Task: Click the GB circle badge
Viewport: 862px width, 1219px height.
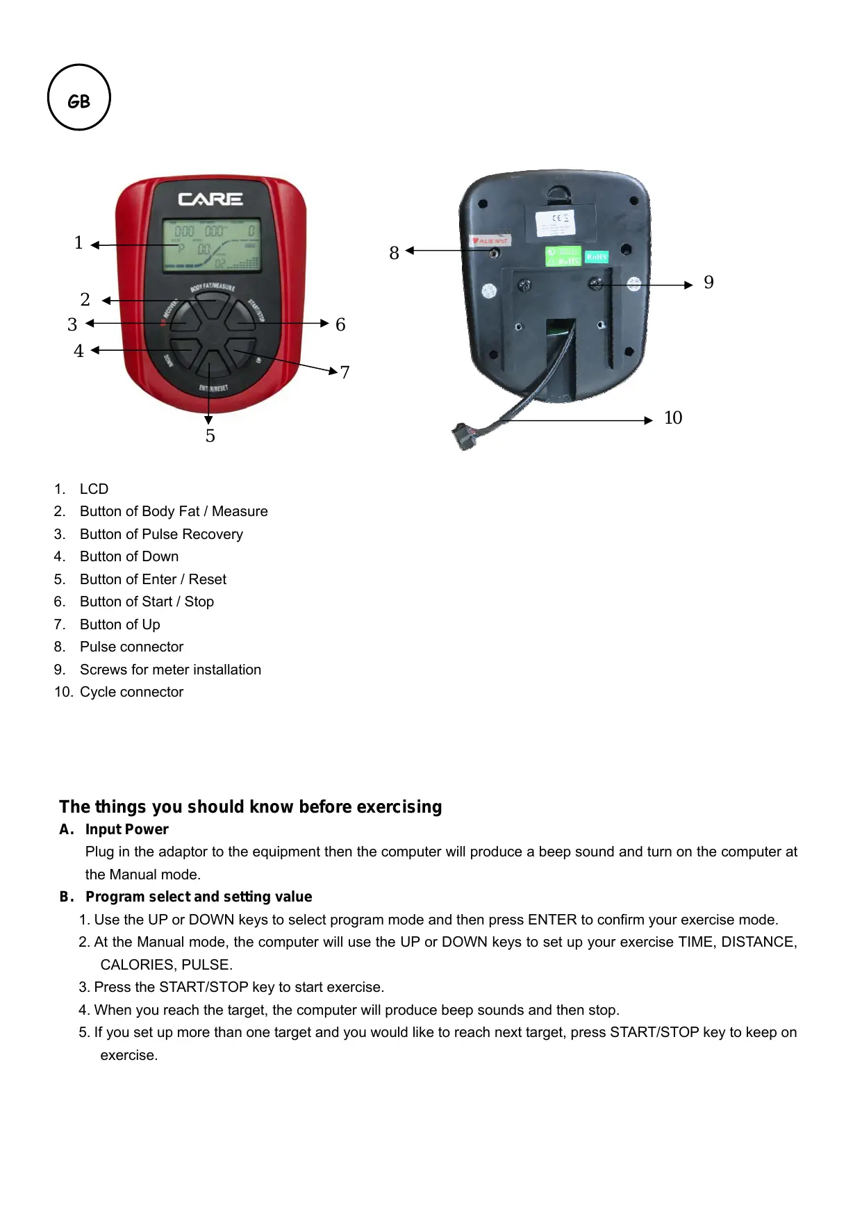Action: tap(79, 98)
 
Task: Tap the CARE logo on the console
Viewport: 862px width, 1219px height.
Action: tap(210, 199)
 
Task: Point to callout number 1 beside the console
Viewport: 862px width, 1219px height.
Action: tap(78, 243)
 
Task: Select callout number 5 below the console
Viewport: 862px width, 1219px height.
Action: tap(210, 436)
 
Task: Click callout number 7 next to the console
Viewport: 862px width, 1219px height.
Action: tap(345, 373)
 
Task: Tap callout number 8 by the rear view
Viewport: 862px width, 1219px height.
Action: tap(394, 253)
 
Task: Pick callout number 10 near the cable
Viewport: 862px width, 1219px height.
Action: tap(672, 418)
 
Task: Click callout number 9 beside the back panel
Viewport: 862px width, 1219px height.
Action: tap(708, 283)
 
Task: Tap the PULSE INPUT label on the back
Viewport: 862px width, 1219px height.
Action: tap(490, 241)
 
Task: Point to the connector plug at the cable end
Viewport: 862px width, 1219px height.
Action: tap(463, 436)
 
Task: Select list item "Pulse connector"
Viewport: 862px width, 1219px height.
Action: tap(131, 647)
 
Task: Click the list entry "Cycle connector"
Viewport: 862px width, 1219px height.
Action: tap(131, 693)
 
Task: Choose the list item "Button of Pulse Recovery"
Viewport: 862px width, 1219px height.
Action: tap(161, 535)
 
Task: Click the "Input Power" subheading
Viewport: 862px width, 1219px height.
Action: tap(126, 830)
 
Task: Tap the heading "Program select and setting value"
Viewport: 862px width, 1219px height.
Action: tap(198, 897)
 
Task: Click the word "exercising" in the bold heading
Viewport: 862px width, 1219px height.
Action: tap(399, 807)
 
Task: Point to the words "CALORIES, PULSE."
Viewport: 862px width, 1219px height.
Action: tap(166, 965)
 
